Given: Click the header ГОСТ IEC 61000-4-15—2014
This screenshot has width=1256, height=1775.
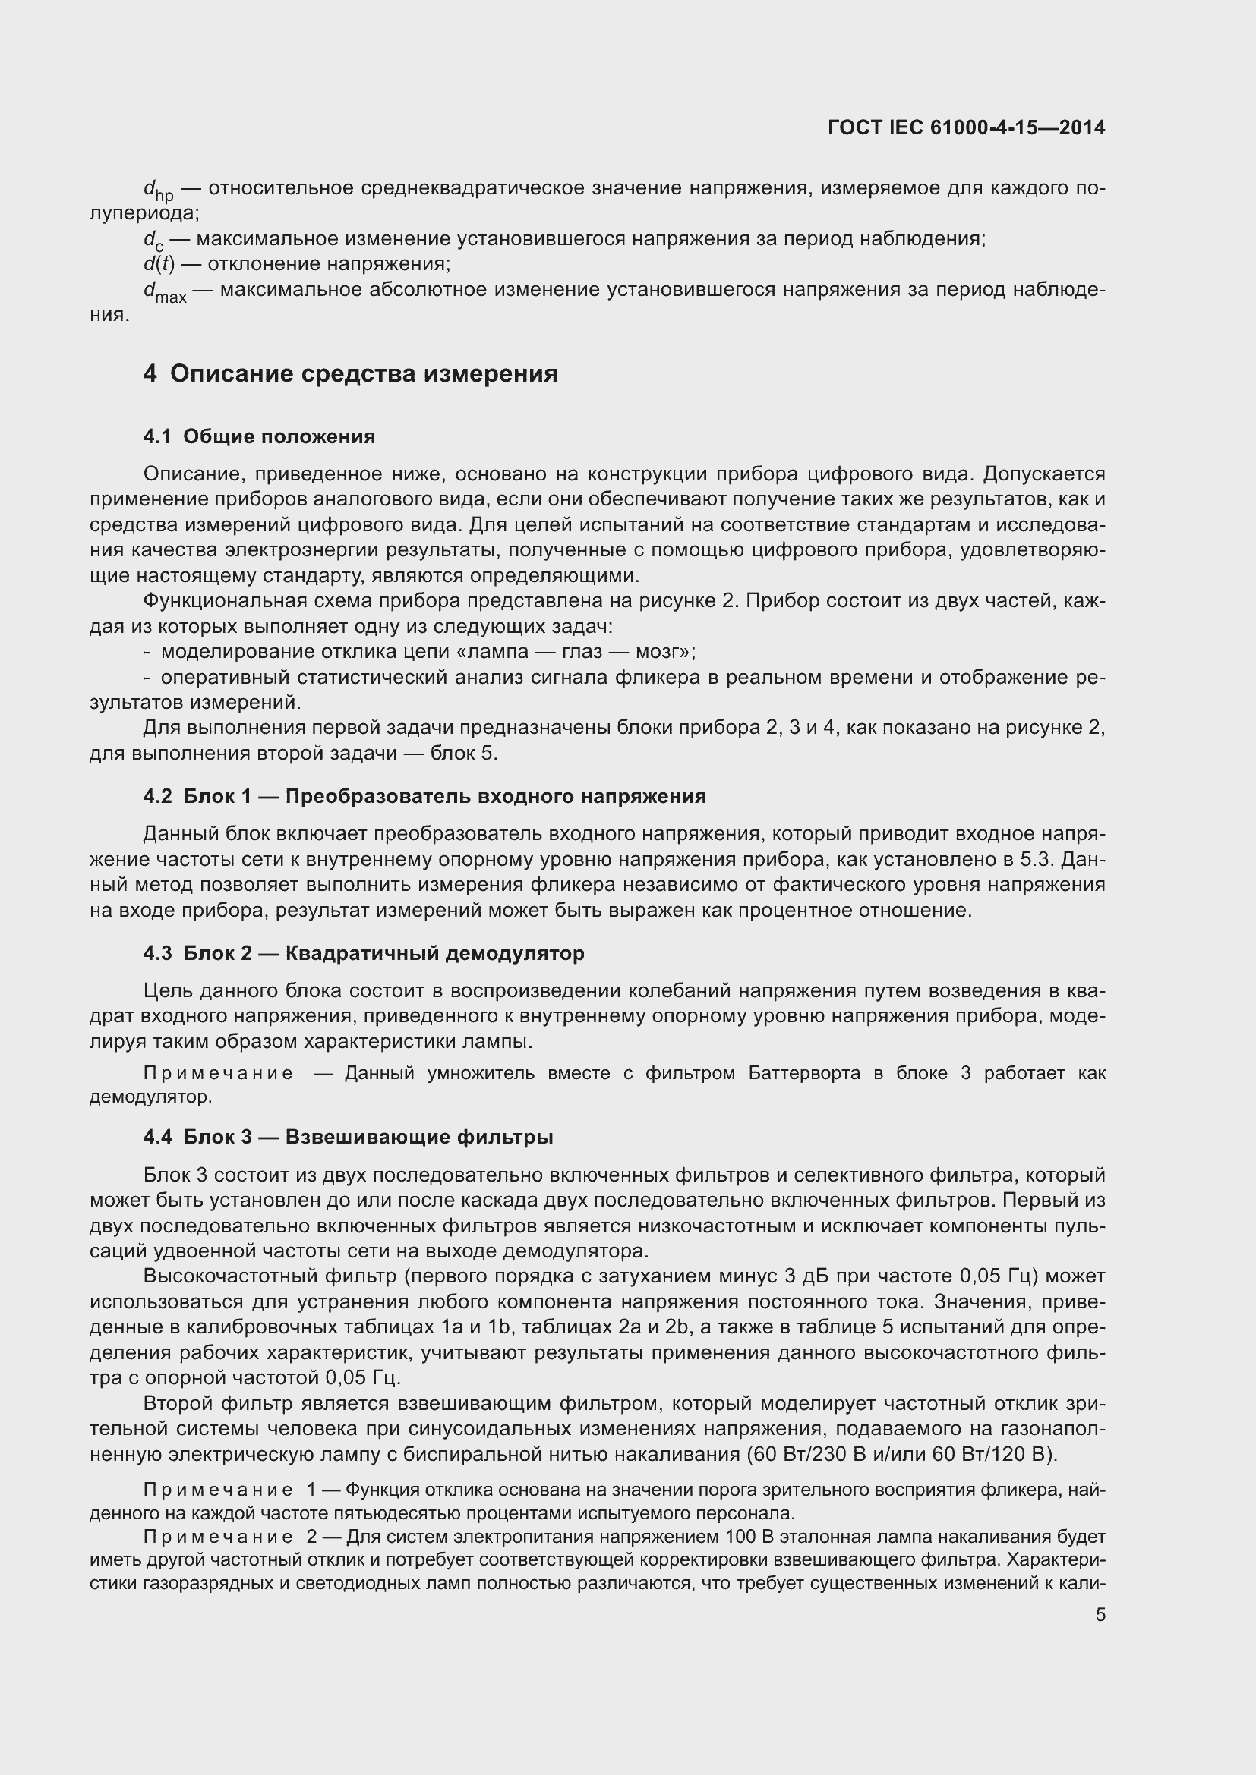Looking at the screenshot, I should (x=966, y=127).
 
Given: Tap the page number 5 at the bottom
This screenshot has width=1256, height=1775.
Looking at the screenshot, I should (x=1100, y=1615).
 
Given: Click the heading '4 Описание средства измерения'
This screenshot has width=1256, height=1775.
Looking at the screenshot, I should (x=350, y=374).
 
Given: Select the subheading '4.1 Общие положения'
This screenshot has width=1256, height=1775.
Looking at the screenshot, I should (x=259, y=437).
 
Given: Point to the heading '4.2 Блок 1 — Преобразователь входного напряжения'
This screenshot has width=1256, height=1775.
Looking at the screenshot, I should (x=424, y=796).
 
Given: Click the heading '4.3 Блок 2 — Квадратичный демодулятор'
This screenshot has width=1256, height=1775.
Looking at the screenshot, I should (x=364, y=953).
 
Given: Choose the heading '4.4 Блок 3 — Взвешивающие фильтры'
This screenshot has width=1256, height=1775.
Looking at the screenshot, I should (x=348, y=1138).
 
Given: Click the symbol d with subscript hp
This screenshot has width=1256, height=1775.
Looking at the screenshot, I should (x=158, y=190).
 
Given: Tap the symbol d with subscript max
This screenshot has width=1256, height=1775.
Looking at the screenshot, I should (x=164, y=292).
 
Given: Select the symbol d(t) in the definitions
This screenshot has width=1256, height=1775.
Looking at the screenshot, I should (x=159, y=264).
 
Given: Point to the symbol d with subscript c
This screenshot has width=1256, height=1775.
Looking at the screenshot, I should (x=153, y=241).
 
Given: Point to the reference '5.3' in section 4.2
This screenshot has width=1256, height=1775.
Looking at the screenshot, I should (x=1044, y=860).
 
